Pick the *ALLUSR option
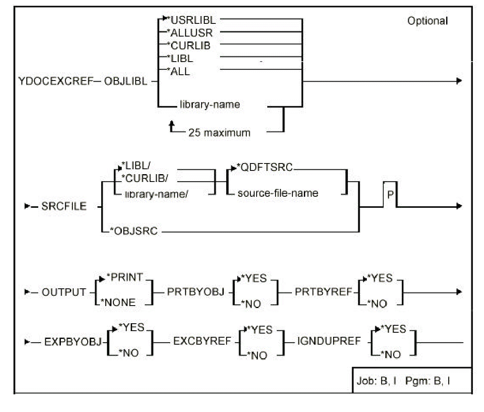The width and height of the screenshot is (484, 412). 187,33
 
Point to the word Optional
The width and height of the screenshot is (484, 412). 427,21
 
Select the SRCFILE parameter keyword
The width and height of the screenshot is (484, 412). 64,206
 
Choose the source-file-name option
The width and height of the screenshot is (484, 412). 278,193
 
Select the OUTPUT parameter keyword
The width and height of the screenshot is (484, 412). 64,292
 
